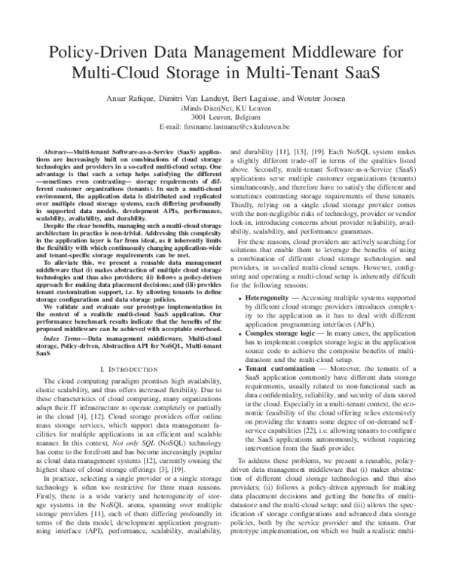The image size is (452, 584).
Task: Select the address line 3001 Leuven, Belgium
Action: pos(225,117)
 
